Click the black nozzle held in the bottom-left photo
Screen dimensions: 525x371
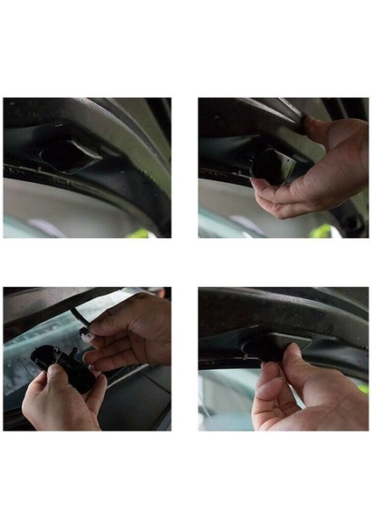click(54, 358)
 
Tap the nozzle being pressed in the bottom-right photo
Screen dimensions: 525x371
click(268, 344)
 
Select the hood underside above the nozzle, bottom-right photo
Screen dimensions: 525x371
click(280, 306)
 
